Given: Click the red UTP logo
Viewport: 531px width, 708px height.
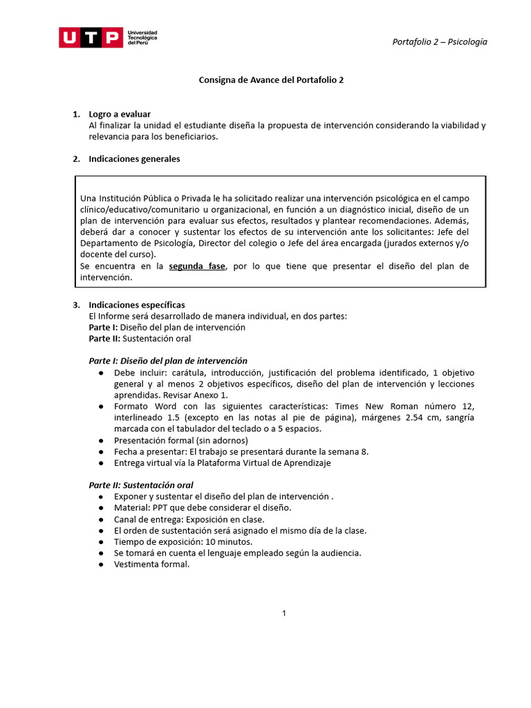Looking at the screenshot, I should [91, 37].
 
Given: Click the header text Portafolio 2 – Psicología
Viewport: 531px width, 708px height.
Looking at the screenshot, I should [440, 41].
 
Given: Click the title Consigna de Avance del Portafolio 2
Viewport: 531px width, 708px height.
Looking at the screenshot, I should [271, 80].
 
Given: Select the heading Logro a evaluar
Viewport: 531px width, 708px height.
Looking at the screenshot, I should [120, 114].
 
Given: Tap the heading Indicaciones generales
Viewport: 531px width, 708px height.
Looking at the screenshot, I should [134, 159].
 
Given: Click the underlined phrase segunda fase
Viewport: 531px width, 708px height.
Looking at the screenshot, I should [197, 266].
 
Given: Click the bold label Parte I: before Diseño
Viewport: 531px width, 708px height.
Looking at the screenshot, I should [103, 327].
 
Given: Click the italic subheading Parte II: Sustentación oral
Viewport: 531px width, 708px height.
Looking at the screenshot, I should [141, 485].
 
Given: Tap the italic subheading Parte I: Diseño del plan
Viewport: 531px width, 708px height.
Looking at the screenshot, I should [168, 361].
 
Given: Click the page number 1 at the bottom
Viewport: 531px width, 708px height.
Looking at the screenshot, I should [284, 613].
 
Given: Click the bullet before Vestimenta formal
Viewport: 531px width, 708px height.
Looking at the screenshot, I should [102, 564].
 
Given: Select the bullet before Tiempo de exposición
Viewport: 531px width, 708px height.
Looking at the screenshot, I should [102, 541].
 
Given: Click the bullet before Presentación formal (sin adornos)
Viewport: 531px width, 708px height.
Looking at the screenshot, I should [102, 440].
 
